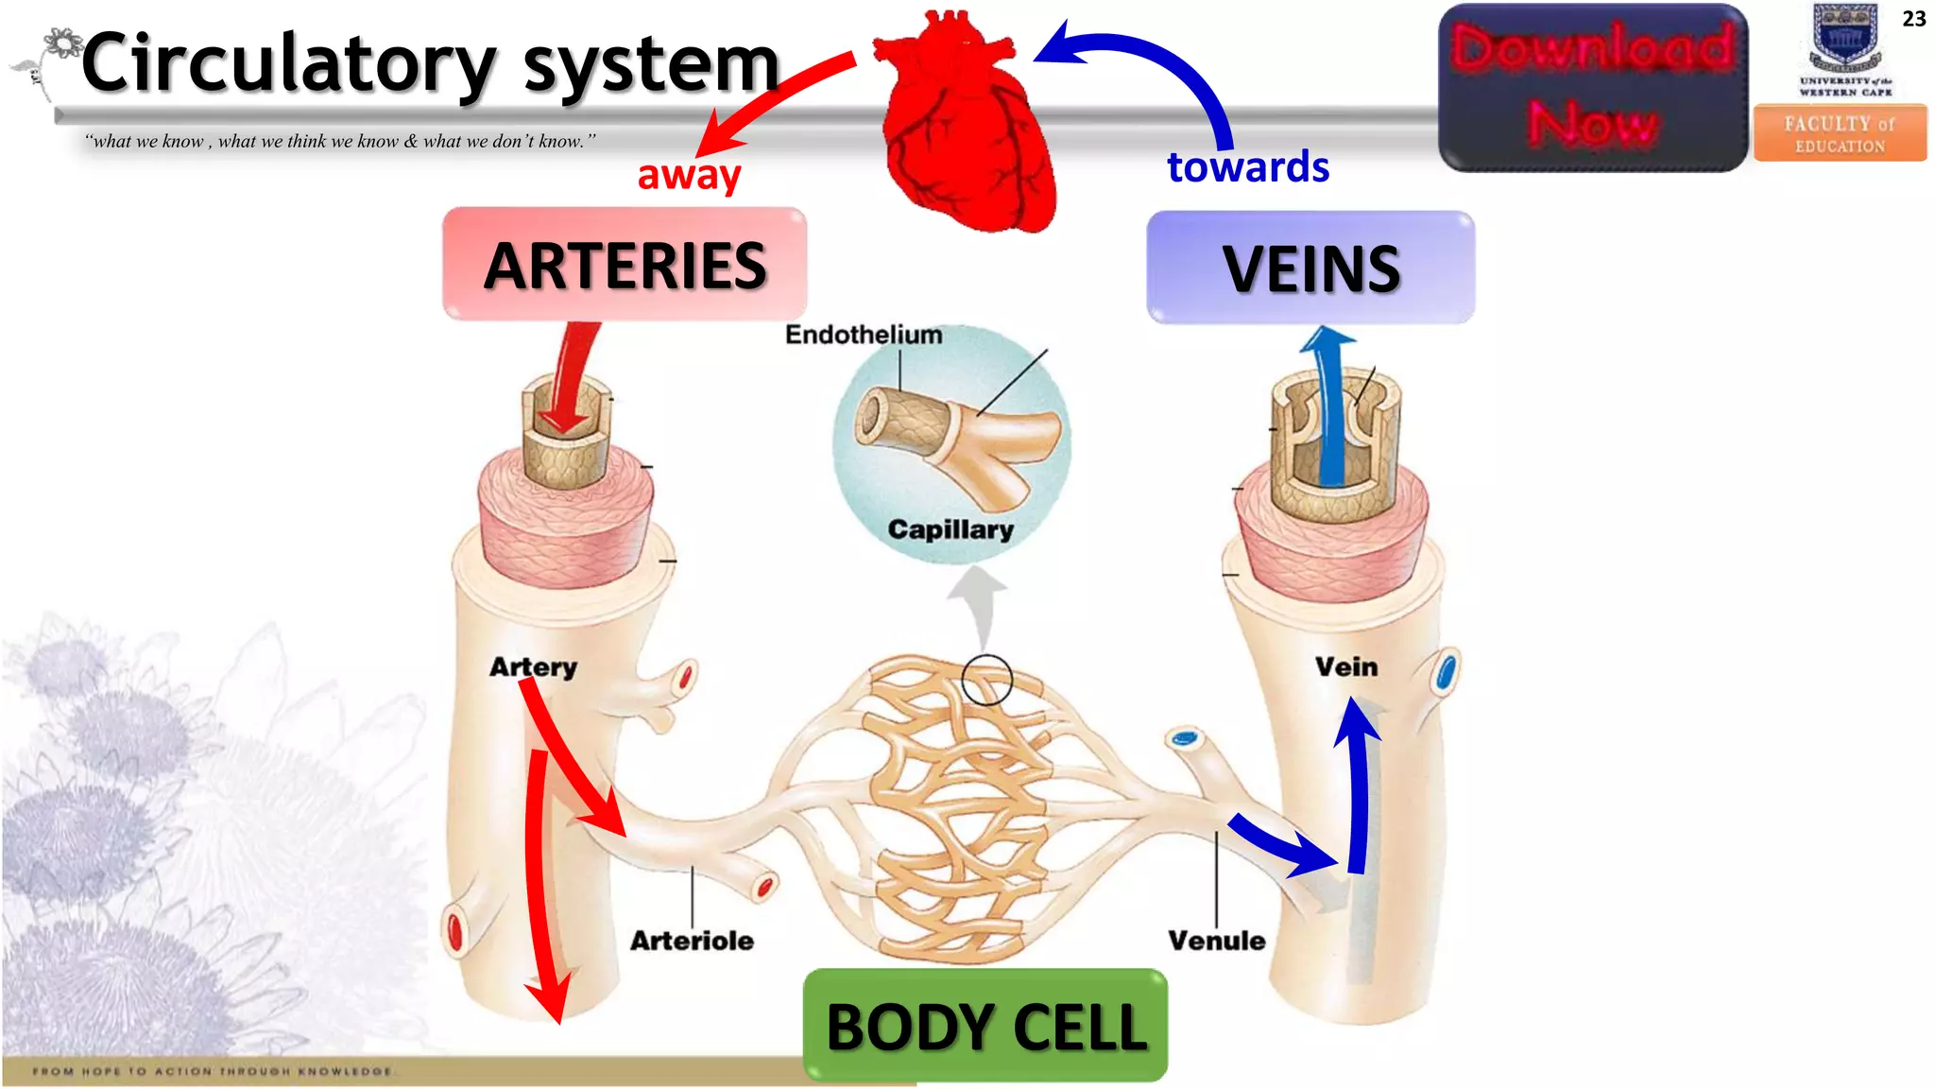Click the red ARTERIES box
click(x=625, y=265)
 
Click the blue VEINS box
click(x=1310, y=268)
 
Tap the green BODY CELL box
click(x=985, y=1026)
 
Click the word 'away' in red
click(x=689, y=175)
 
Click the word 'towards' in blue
click(x=1247, y=167)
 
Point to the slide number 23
click(x=1913, y=19)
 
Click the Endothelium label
click(x=864, y=335)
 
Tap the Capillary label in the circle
click(x=950, y=529)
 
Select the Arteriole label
click(x=692, y=941)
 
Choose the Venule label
click(x=1216, y=941)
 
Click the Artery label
click(x=533, y=667)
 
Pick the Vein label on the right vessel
click(x=1346, y=667)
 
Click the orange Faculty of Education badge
click(x=1840, y=133)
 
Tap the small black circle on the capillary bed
click(x=986, y=680)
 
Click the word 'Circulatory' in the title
click(x=288, y=63)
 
